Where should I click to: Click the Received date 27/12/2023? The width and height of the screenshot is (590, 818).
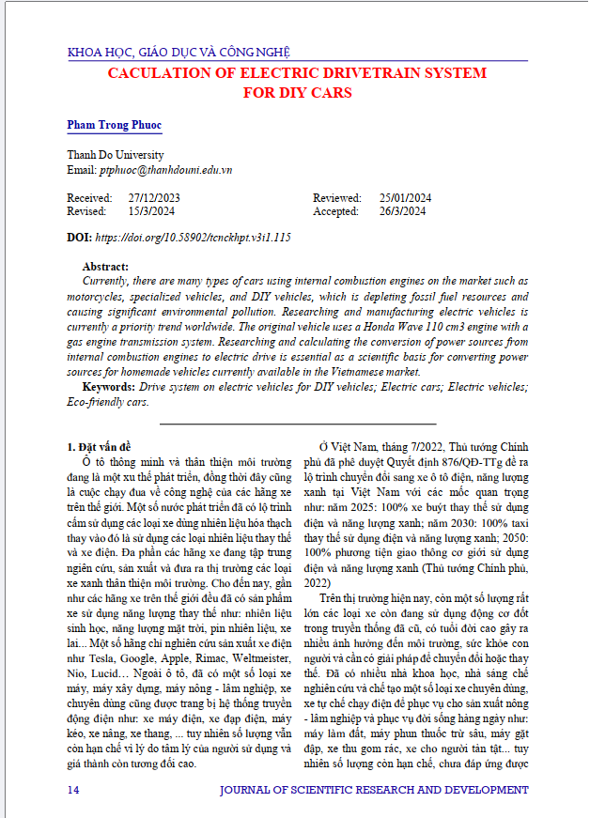click(x=154, y=198)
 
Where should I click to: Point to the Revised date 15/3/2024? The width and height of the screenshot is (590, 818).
click(x=151, y=211)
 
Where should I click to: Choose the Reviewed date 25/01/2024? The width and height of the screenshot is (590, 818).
click(x=405, y=198)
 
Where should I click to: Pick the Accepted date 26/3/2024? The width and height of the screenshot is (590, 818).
click(x=402, y=211)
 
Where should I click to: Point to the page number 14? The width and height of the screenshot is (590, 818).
click(x=73, y=791)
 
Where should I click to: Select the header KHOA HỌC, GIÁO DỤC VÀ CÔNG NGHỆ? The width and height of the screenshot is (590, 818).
click(x=179, y=53)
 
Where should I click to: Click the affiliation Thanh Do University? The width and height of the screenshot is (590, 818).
click(x=116, y=155)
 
